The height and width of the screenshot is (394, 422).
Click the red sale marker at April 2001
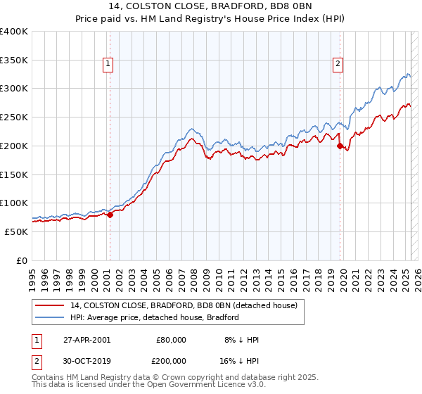point(110,215)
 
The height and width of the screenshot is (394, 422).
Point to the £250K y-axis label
point(14,117)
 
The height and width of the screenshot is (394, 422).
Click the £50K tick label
point(17,231)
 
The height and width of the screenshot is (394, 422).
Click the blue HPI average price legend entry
point(155,317)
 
